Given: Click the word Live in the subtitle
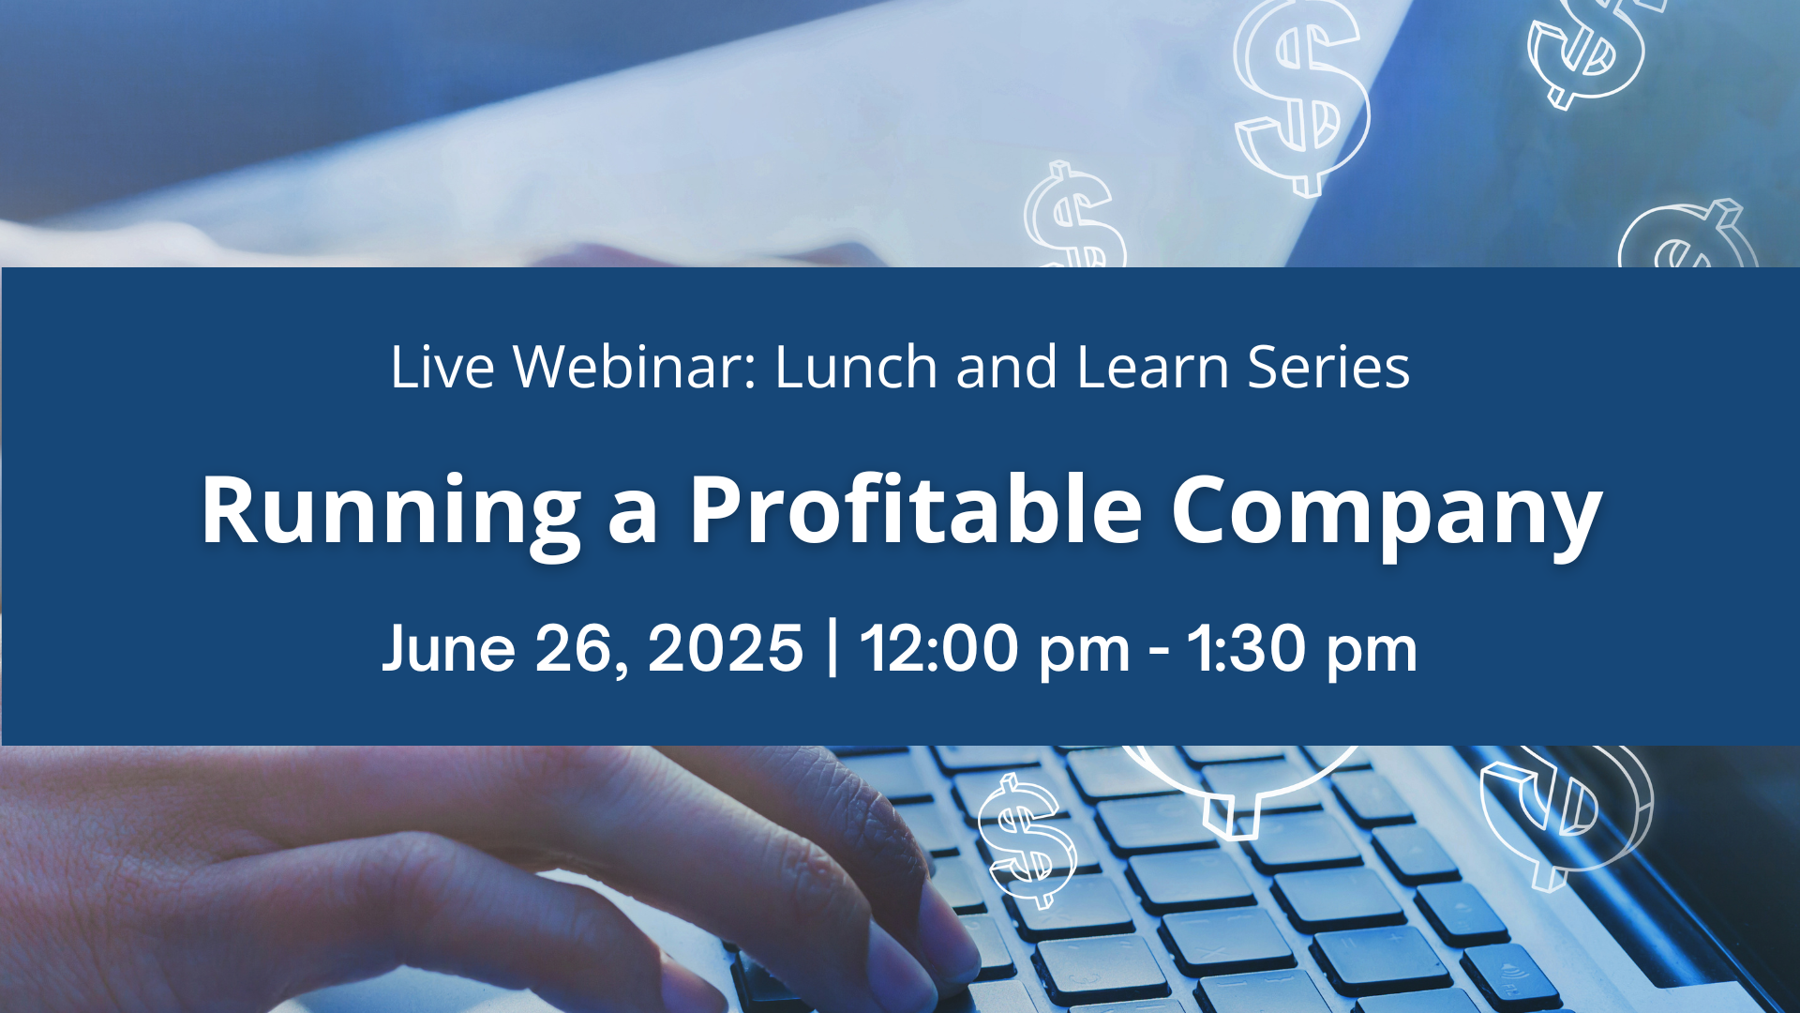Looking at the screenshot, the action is pos(442,366).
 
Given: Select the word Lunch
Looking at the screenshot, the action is pos(856,366).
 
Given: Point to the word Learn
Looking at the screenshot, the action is pos(1152,366).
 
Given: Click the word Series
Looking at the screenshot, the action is pos(1328,366).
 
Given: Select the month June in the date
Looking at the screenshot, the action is pos(449,648).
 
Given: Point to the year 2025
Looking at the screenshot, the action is pos(725,648).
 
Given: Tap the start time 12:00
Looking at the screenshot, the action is pos(938,648).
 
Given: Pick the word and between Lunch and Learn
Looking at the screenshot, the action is pos(1007,366).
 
